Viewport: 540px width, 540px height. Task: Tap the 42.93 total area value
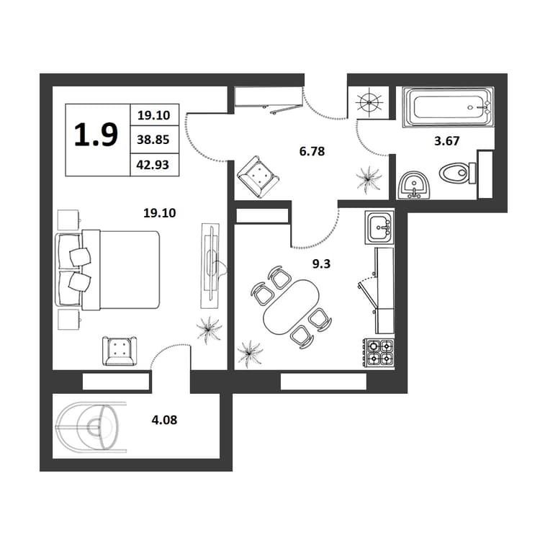pyautogui.click(x=153, y=164)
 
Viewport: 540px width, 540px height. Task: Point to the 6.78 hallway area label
pyautogui.click(x=312, y=151)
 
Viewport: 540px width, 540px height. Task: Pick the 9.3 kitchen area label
pyautogui.click(x=321, y=264)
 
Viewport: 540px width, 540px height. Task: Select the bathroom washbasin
pyautogui.click(x=413, y=185)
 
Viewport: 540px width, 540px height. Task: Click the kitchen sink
pyautogui.click(x=379, y=228)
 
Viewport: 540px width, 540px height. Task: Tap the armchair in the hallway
pyautogui.click(x=258, y=176)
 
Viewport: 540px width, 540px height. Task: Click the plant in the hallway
pyautogui.click(x=369, y=178)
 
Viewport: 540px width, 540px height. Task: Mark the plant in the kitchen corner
pyautogui.click(x=250, y=352)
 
